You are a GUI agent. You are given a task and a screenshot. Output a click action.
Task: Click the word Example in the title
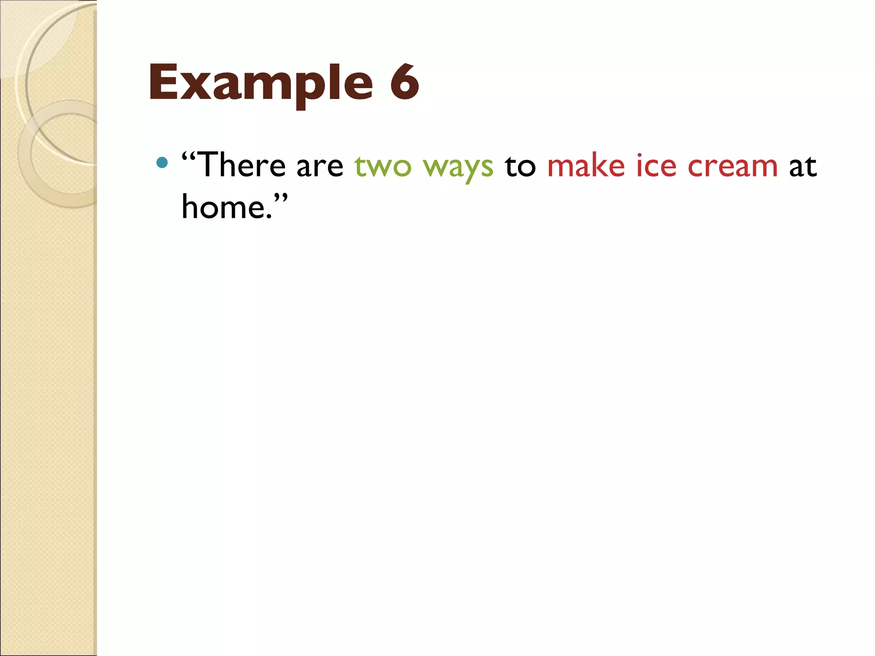tap(261, 83)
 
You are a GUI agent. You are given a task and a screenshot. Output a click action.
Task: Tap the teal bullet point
tap(162, 162)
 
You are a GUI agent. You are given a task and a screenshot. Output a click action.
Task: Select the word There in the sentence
tap(242, 165)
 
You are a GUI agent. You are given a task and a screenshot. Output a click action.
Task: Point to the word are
tap(320, 167)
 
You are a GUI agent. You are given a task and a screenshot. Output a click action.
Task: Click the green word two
tap(383, 167)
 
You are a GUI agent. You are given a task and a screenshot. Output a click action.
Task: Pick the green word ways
tap(458, 167)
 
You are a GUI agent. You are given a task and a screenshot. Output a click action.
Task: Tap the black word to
tap(520, 167)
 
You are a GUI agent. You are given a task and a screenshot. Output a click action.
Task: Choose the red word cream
tap(733, 167)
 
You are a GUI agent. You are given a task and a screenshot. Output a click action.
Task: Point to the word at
tap(803, 167)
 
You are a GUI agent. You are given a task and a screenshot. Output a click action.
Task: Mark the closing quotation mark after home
tap(280, 198)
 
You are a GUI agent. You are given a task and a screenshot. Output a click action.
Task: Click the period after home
tap(269, 217)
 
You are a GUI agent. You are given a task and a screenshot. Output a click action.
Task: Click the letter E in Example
tap(164, 82)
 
